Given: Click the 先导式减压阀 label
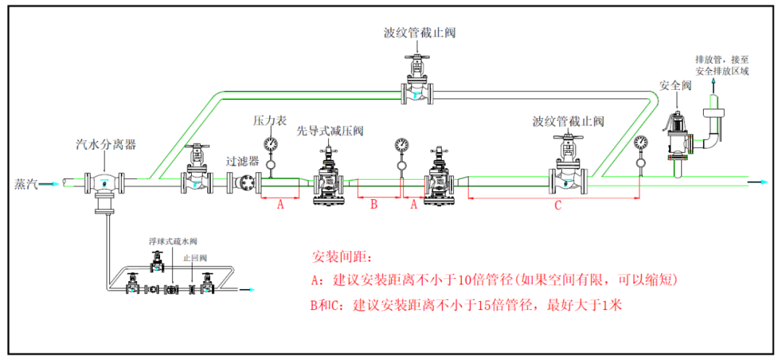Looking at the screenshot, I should point(329,131).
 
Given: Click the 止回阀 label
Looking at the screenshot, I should point(198,258).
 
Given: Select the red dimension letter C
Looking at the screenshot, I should point(558,205).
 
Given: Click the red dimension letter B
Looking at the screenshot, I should point(374,205).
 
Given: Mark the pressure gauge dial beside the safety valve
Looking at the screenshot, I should point(640,143).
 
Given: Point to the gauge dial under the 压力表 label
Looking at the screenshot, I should point(271,143).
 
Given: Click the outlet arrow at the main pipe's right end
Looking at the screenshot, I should point(762,182).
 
